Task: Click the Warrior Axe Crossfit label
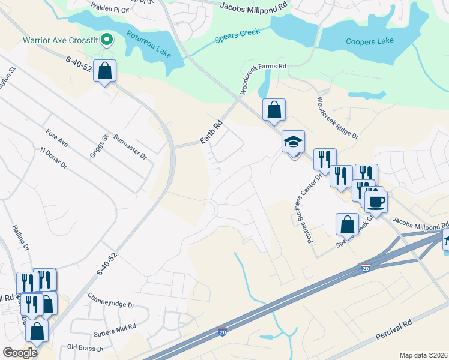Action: click(x=60, y=41)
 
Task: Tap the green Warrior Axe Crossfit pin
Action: click(x=107, y=40)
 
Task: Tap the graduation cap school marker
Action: click(x=293, y=143)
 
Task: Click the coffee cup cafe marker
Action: click(x=376, y=202)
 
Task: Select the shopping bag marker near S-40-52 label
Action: click(x=105, y=71)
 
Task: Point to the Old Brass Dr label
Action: click(x=86, y=348)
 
